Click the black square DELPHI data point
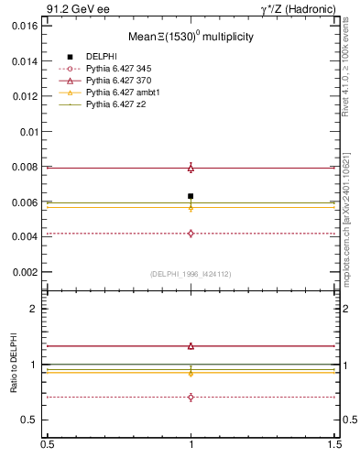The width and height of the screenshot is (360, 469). coord(191,196)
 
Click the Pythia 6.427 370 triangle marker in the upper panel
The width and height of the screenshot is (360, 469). coord(191,168)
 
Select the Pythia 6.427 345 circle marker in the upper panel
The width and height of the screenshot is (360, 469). coord(191,234)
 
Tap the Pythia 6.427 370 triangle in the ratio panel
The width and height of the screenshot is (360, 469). coord(191,346)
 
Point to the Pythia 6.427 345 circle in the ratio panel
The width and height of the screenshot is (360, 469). coord(191,397)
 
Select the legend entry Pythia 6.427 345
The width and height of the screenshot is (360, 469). coord(117,69)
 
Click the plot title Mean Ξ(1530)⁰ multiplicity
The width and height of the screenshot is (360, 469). coord(191,38)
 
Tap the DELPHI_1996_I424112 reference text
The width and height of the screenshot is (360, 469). coord(191,274)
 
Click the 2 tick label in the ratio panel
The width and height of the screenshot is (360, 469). coord(35,310)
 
